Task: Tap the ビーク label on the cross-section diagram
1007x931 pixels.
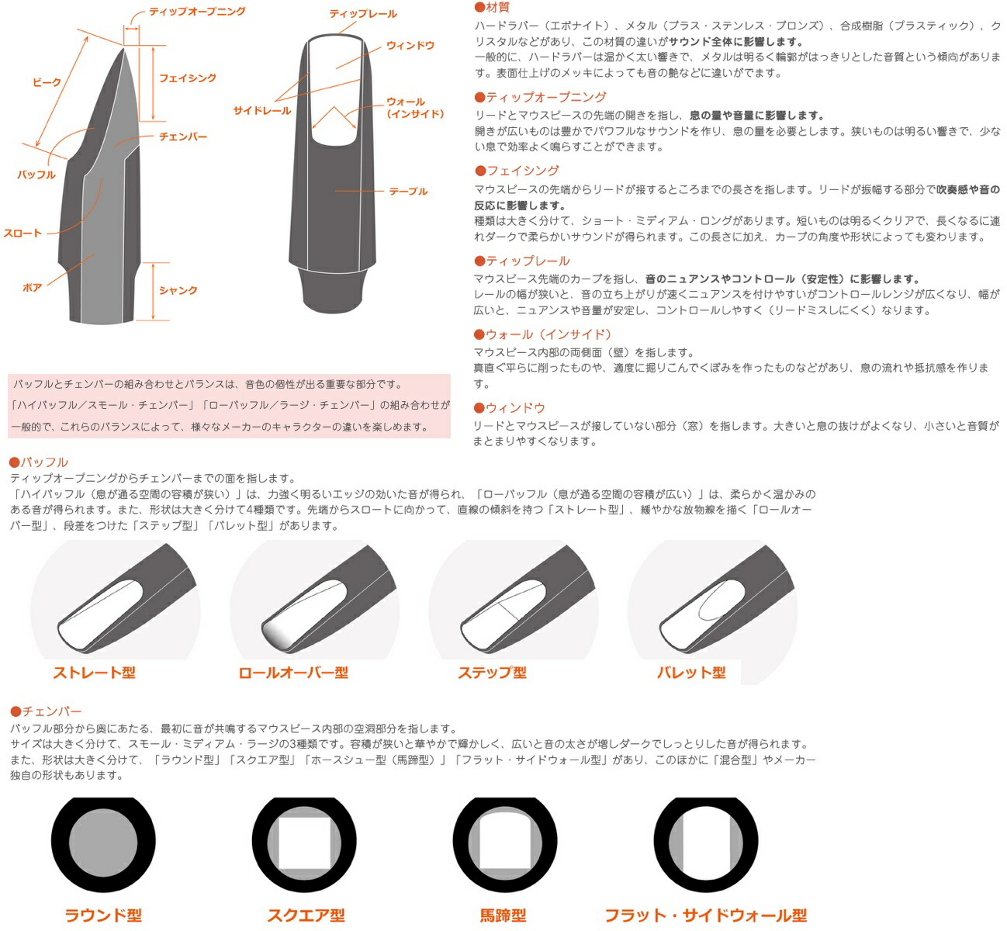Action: coord(47,82)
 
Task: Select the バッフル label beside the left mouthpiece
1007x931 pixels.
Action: coord(36,175)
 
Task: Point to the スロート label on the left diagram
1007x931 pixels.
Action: coord(22,233)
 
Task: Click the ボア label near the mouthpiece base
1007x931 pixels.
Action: coord(32,288)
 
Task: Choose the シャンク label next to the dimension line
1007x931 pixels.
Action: coord(178,290)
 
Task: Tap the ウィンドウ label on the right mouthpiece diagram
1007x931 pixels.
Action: coord(410,46)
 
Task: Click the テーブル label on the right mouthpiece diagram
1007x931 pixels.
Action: coord(408,191)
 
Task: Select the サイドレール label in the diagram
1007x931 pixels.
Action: coord(262,111)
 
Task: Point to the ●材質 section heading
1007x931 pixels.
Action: coord(492,8)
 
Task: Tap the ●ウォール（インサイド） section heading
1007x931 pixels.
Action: coord(543,334)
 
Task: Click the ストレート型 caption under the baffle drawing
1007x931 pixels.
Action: coord(94,673)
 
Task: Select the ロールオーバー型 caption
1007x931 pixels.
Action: coord(293,673)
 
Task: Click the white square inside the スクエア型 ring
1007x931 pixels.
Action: coord(307,843)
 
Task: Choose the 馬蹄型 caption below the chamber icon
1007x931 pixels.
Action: coord(503,915)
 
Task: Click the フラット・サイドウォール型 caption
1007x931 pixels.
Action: coord(705,915)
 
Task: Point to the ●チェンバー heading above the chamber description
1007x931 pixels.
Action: coord(46,711)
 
